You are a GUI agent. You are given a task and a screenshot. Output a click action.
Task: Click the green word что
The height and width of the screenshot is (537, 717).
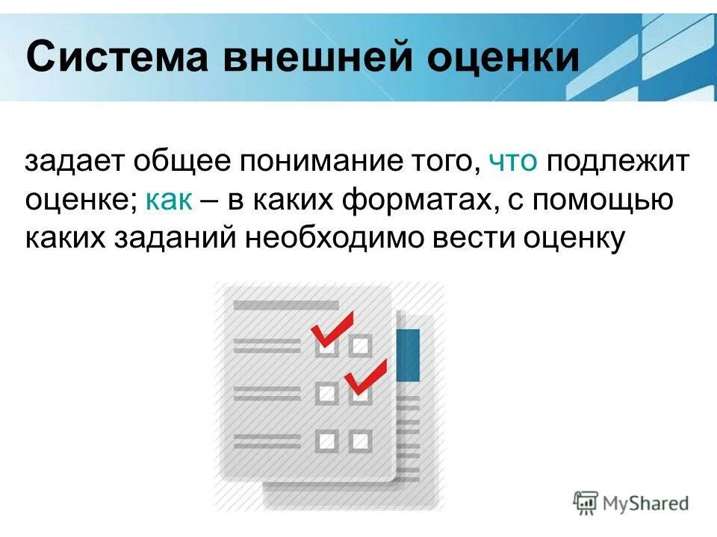click(513, 162)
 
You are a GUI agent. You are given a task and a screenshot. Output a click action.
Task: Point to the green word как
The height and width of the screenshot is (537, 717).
click(170, 200)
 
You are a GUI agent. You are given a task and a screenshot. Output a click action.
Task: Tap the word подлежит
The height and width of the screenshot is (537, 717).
click(617, 162)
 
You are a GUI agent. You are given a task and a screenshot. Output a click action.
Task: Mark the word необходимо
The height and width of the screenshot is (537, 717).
click(342, 239)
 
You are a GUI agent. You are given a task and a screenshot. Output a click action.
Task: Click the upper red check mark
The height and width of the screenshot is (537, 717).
click(332, 328)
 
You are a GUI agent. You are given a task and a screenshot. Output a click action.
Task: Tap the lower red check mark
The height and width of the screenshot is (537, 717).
click(366, 377)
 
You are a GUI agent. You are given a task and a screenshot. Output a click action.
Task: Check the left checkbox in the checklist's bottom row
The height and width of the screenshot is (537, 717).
click(326, 440)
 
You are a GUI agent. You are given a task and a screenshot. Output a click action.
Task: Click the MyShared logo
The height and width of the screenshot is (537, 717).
click(632, 503)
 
